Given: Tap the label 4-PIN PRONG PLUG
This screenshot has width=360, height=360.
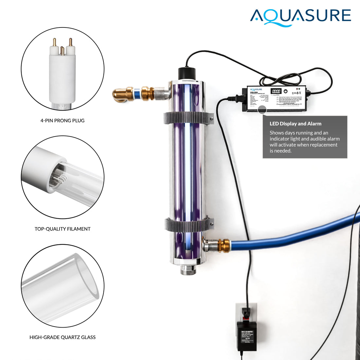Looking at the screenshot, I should coord(63,120).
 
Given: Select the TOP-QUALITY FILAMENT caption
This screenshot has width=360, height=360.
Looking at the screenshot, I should coord(63,229).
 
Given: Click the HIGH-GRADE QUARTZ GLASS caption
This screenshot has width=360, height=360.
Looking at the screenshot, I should coord(63,337).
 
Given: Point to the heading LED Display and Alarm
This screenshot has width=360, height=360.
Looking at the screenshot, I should coord(295,124).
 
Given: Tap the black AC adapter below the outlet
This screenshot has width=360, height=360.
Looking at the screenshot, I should coord(247,335).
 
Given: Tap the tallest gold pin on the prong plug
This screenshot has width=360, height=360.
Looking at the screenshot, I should coord(70,42).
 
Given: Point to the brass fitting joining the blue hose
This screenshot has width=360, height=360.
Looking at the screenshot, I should coord(224,244).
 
